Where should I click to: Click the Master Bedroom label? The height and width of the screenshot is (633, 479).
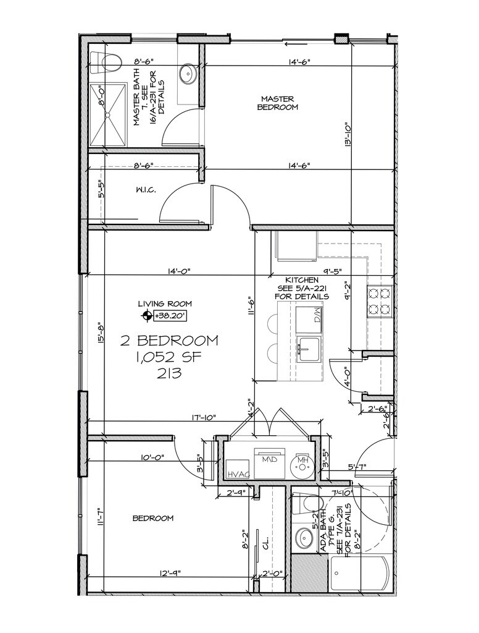pos(277,103)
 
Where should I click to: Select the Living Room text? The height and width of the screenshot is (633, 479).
pos(165,304)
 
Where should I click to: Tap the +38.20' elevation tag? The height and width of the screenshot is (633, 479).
pos(171,316)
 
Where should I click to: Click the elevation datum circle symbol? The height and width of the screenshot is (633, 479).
pos(147,316)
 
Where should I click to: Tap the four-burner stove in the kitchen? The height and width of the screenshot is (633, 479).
pos(380,301)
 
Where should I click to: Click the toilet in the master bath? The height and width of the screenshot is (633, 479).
pos(109,62)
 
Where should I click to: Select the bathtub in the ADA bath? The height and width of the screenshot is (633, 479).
pos(359,574)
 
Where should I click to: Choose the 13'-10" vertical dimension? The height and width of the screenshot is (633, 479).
pos(349,133)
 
